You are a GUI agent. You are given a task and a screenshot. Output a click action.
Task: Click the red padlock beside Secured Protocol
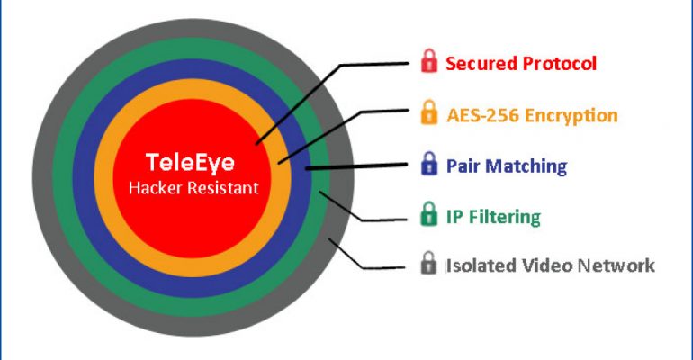tap(429, 61)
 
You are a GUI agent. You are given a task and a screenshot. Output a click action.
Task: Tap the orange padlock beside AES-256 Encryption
tap(429, 112)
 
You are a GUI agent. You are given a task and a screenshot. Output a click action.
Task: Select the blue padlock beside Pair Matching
tap(429, 164)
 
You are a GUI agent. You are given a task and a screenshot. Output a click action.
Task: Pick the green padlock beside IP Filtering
tap(428, 214)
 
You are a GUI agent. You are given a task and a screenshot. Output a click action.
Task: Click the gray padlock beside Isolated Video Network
tap(428, 263)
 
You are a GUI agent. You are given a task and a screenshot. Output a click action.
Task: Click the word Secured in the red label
tap(481, 64)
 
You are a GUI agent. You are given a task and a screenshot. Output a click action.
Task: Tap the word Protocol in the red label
tap(560, 64)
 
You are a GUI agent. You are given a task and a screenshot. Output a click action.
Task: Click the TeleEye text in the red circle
tap(190, 163)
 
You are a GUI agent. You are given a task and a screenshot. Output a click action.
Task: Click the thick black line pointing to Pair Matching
tap(356, 166)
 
